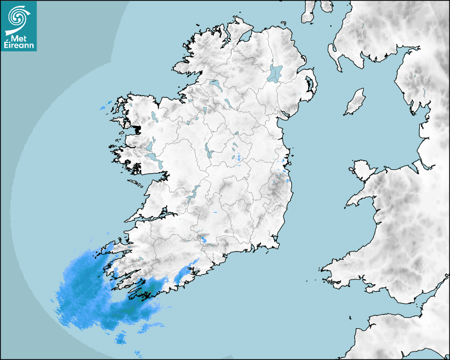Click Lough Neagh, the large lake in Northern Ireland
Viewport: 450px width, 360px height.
pyautogui.click(x=275, y=73)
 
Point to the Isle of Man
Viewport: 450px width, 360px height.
pyautogui.click(x=355, y=102)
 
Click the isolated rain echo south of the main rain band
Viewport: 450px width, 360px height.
pyautogui.click(x=121, y=338)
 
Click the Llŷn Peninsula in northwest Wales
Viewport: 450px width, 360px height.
pyautogui.click(x=360, y=199)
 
